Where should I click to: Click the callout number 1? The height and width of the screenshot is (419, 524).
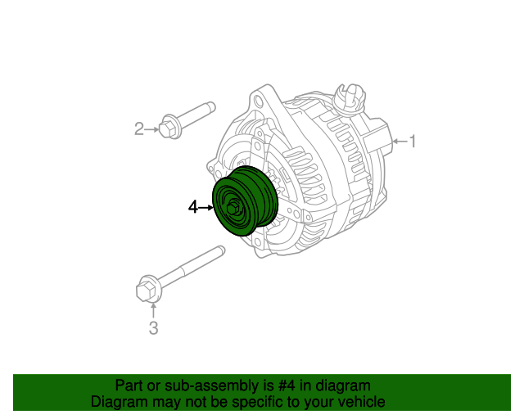click(x=413, y=142)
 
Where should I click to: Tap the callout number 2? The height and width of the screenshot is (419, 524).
click(x=139, y=128)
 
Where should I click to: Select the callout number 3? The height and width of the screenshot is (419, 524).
click(x=152, y=329)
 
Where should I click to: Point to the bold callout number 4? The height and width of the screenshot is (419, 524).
click(x=193, y=208)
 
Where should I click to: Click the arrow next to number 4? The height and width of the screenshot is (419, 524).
click(x=206, y=208)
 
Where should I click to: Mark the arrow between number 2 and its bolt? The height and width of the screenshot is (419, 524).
click(x=152, y=128)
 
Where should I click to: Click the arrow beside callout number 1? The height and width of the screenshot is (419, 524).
click(x=400, y=142)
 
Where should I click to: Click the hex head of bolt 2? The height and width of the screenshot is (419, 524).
click(x=169, y=128)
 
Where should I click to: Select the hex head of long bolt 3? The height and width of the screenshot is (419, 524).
click(x=145, y=290)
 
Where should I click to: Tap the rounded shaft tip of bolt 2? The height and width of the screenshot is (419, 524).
click(x=211, y=105)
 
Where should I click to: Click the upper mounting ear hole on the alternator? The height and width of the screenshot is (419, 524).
click(x=264, y=101)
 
